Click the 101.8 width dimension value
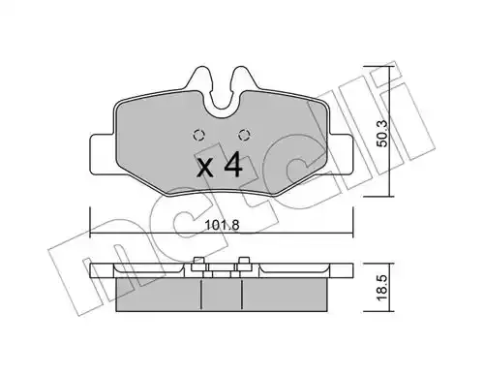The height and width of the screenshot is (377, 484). coord(222,225)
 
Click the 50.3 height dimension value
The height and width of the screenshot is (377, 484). coord(382,134)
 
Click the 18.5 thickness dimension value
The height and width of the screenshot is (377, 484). coord(382,289)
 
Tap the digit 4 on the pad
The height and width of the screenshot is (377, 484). coord(233,165)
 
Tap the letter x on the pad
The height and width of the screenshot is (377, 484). coord(205,168)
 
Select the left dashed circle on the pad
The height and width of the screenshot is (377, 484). coord(199,135)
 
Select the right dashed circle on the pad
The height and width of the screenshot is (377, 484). coord(244,135)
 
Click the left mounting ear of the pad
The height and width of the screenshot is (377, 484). coord(103,154)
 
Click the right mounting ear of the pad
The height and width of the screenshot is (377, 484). coord(341,154)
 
